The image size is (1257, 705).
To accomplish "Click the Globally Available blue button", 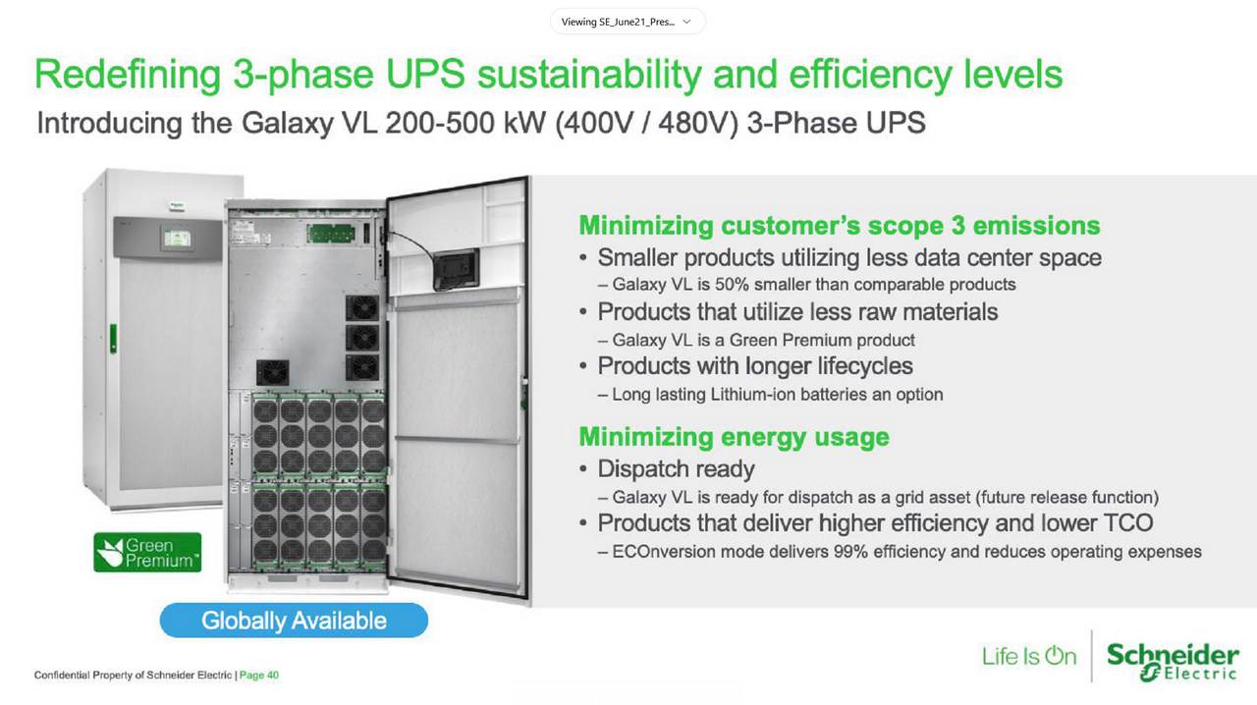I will (x=294, y=621).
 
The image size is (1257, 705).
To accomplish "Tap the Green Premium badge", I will (x=146, y=553).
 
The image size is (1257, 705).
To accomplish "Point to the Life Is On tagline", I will (x=1029, y=656).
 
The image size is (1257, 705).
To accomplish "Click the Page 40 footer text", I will (x=260, y=676).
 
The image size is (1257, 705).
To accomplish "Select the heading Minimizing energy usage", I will (x=734, y=437).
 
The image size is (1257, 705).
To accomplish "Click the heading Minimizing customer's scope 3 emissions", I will (x=839, y=226).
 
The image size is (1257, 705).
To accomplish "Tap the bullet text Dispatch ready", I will (x=676, y=468).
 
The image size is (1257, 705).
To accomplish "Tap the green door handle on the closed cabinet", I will (x=113, y=336).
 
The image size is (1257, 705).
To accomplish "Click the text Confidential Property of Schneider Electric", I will (x=133, y=676).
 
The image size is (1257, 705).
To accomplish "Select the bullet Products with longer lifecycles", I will (x=754, y=366).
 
